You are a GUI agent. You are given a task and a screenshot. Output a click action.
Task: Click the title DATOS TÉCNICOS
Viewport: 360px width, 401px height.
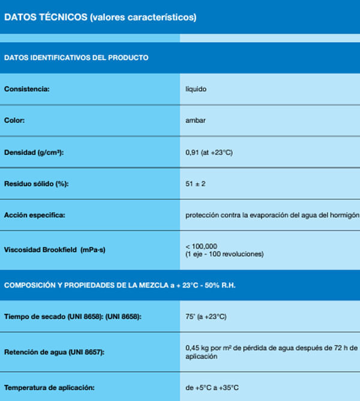click(45, 17)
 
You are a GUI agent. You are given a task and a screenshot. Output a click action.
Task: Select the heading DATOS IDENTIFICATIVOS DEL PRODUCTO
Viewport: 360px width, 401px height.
click(76, 58)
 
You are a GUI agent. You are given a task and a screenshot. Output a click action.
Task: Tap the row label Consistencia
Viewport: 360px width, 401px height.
click(26, 89)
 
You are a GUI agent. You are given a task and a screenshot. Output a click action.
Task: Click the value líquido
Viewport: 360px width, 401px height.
click(197, 89)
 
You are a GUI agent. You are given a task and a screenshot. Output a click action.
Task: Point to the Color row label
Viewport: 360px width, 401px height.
click(14, 121)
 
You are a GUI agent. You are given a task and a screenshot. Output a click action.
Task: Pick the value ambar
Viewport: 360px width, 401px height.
click(195, 121)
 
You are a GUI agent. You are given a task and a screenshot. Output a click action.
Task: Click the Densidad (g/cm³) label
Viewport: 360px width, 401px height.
click(34, 152)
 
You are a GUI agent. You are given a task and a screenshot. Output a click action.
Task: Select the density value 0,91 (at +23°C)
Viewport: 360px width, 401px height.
click(209, 152)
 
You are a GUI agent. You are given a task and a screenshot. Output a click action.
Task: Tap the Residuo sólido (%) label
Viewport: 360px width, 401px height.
click(37, 184)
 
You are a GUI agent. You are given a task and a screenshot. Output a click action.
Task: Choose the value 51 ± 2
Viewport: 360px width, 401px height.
click(196, 184)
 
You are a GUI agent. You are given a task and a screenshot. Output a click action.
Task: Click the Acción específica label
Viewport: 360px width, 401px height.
click(34, 215)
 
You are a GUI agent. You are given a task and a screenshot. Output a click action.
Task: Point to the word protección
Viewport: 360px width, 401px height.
click(202, 215)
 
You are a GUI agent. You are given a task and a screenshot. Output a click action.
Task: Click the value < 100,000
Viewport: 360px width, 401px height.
click(202, 246)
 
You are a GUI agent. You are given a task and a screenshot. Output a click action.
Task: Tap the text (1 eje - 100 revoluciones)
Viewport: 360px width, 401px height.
click(224, 254)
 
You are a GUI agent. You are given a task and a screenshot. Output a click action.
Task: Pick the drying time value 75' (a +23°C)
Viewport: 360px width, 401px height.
click(206, 316)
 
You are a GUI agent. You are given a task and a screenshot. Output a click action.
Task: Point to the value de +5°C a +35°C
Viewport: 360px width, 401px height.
click(212, 387)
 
